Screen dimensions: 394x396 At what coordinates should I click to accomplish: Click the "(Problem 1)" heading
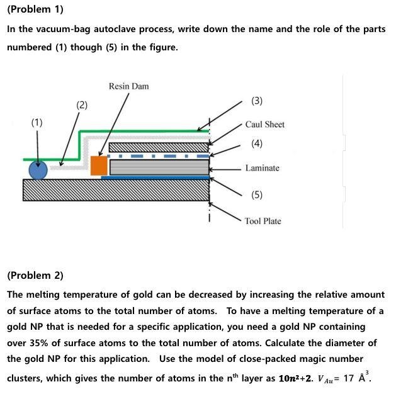click(35, 9)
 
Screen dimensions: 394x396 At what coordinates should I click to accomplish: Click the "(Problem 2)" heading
click(35, 275)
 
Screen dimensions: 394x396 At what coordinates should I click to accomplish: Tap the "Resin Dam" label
click(128, 86)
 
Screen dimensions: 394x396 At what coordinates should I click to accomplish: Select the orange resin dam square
click(99, 165)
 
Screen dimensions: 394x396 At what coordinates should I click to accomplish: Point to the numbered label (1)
click(37, 123)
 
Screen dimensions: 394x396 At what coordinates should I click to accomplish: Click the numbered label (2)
click(82, 105)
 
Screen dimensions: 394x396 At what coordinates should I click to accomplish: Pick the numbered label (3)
click(257, 101)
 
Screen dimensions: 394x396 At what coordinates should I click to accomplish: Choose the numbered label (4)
click(257, 144)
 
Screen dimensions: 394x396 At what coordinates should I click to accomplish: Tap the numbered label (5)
click(257, 194)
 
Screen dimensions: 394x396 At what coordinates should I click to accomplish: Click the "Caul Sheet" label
click(264, 125)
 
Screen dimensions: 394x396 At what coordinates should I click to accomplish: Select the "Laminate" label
click(262, 168)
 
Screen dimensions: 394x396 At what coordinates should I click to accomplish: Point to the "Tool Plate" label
click(263, 221)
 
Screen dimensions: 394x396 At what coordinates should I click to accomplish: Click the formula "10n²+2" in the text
click(295, 378)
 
